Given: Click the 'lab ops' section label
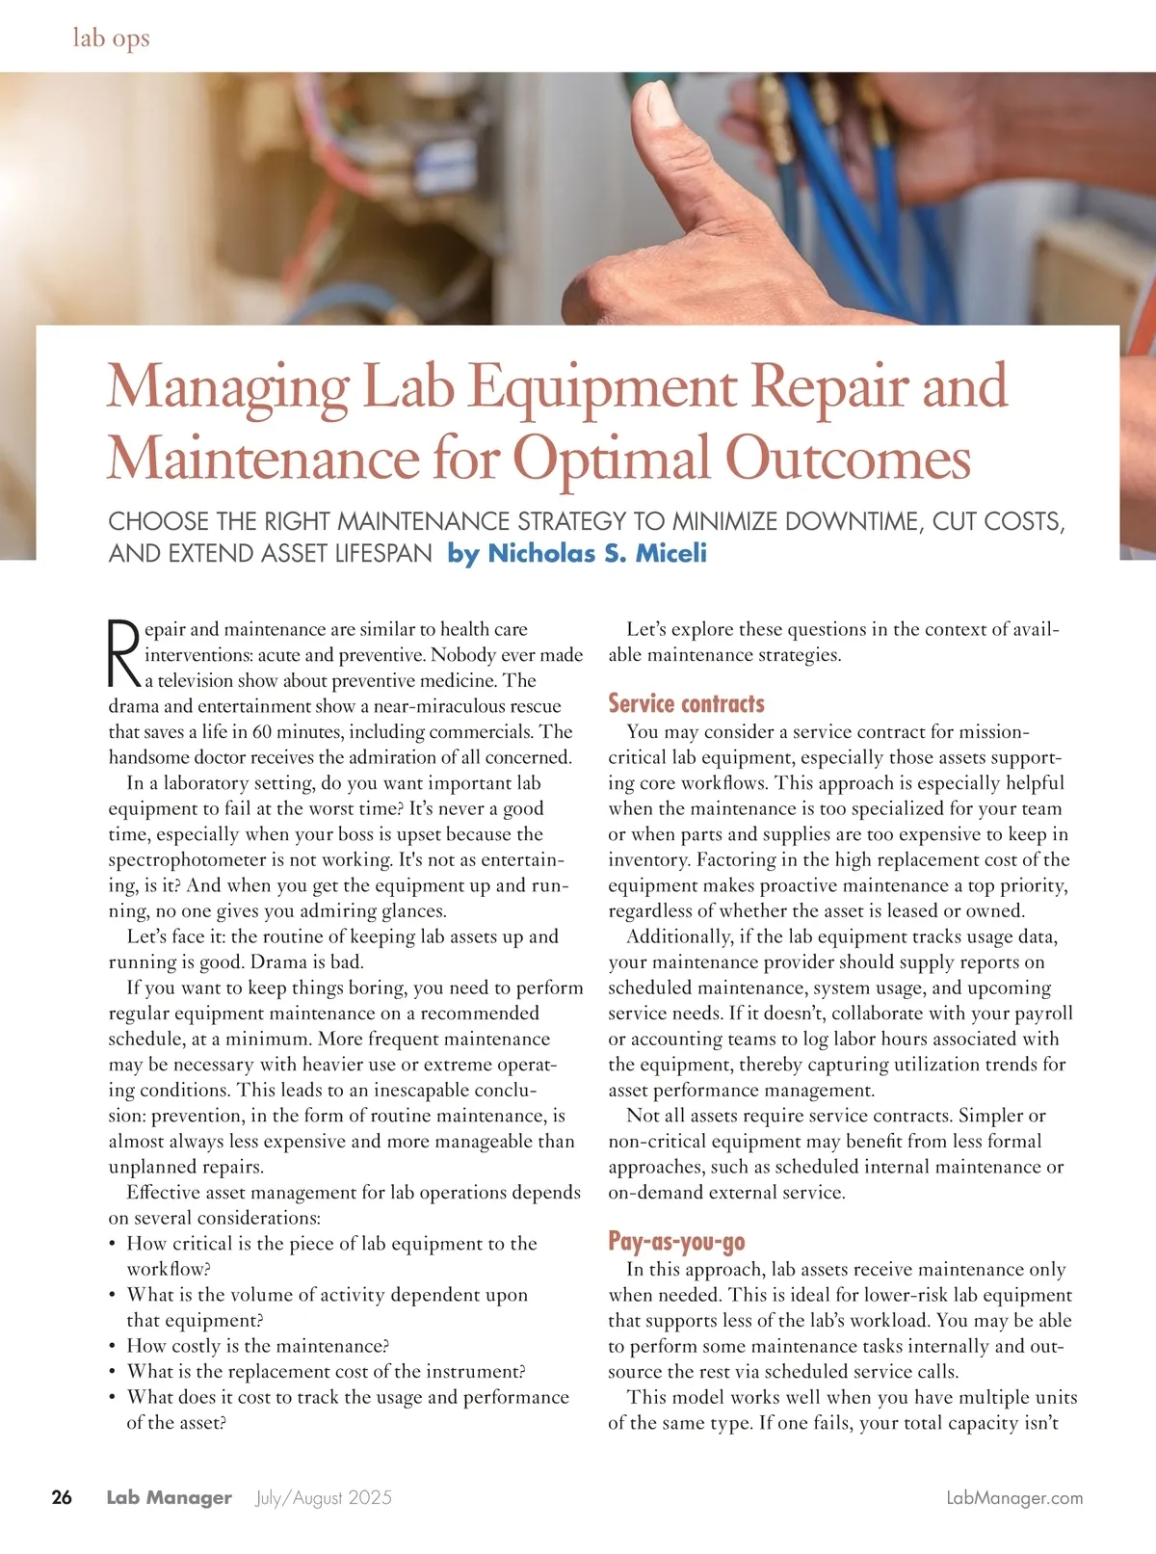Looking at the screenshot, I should [111, 38].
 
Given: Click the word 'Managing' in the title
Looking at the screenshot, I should [228, 387].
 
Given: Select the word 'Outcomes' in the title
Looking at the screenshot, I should [848, 459].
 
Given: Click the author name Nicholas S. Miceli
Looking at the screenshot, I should [597, 553].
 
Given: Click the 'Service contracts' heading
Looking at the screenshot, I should [686, 703].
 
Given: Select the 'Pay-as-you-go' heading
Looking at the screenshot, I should [676, 1241].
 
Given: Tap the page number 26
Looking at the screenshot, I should [62, 1497].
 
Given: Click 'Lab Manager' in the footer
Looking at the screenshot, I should [169, 1497].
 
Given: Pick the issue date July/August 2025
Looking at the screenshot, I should [324, 1497].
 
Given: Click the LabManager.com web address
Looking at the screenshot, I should [1014, 1497].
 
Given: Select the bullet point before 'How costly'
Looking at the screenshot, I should [113, 1347].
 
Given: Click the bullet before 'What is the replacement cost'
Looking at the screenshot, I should [113, 1372].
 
